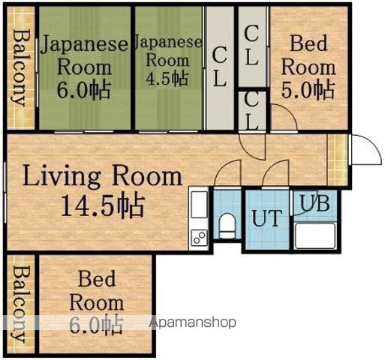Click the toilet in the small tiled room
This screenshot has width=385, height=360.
click(x=227, y=226)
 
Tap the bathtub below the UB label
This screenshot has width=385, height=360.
click(x=315, y=235)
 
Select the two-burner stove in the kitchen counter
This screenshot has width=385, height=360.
click(x=199, y=238)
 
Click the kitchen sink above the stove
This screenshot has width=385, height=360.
click(x=199, y=205)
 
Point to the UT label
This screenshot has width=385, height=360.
click(x=267, y=218)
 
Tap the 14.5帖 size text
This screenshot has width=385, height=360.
click(x=103, y=205)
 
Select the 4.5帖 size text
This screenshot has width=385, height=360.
click(x=167, y=78)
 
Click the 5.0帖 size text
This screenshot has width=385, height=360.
click(x=308, y=89)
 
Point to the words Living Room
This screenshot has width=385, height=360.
click(x=103, y=176)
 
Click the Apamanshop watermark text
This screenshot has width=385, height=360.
click(x=193, y=322)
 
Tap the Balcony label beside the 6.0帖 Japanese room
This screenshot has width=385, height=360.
click(x=20, y=68)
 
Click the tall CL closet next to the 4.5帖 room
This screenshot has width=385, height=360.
click(x=220, y=67)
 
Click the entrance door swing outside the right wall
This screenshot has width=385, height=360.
click(x=367, y=149)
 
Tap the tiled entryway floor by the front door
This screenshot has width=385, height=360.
click(x=337, y=160)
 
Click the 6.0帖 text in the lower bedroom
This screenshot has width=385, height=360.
click(x=96, y=325)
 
